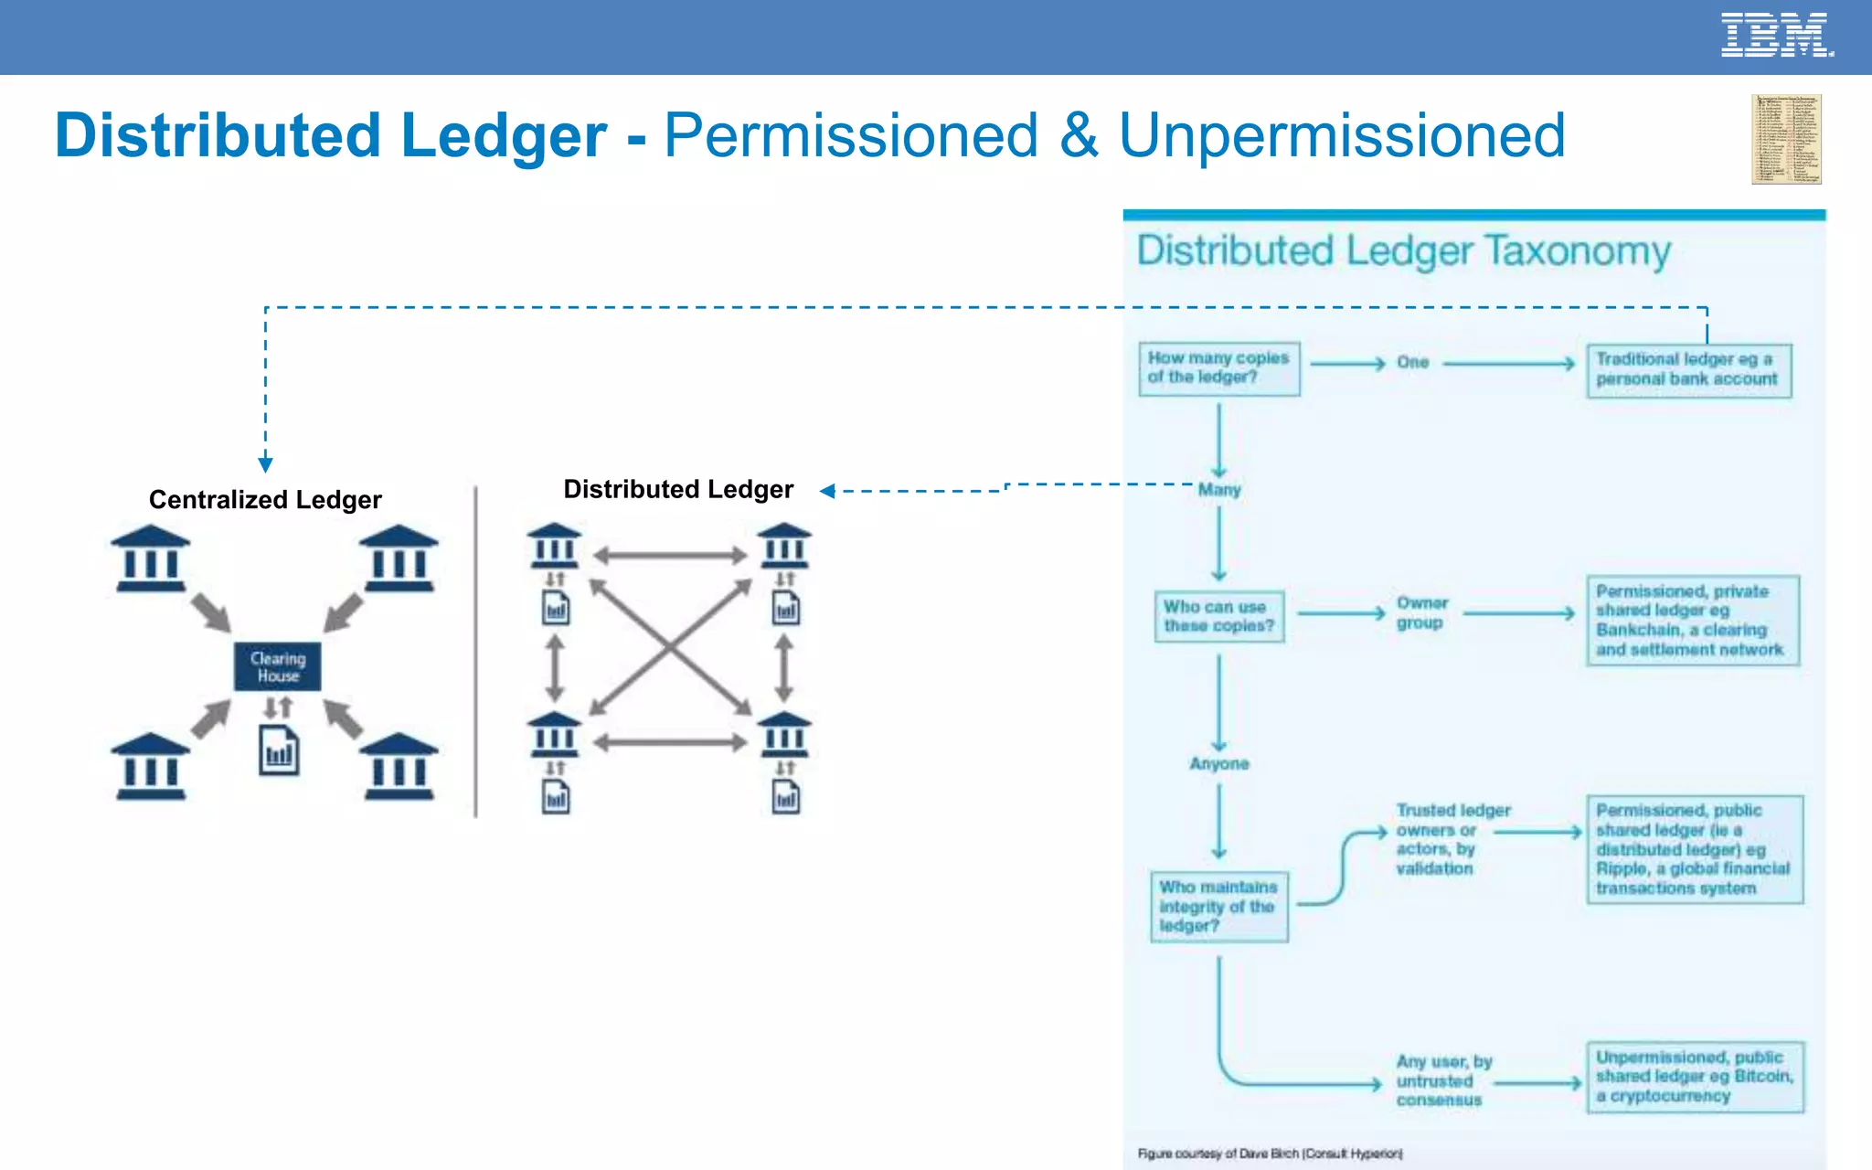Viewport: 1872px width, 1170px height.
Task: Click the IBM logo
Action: [1776, 36]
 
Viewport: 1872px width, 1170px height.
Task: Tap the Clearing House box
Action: [278, 666]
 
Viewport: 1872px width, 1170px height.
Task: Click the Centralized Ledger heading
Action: [265, 499]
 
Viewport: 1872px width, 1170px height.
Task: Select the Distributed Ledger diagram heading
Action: [678, 489]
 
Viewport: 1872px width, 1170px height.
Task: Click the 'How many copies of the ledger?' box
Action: [1218, 368]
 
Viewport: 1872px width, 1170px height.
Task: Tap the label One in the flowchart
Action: [1412, 362]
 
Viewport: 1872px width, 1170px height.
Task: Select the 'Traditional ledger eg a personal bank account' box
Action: [1688, 369]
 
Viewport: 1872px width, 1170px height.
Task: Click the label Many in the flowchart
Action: [1219, 490]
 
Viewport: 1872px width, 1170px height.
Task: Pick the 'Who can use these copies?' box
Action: [1218, 616]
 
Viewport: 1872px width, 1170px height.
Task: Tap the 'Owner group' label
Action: [1421, 612]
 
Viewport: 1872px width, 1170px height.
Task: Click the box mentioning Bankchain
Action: [1692, 620]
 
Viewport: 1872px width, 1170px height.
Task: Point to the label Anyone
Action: [1218, 763]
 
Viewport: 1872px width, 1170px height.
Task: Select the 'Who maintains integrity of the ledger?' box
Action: [1218, 906]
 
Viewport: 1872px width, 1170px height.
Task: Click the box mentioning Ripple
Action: [1694, 849]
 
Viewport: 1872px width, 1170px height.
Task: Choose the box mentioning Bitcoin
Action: [1695, 1077]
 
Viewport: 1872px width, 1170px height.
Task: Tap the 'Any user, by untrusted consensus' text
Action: [1442, 1080]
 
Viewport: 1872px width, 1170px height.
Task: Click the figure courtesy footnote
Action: [1270, 1154]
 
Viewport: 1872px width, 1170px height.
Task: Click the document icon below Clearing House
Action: [279, 750]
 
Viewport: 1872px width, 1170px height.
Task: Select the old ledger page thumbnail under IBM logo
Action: [1786, 139]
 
